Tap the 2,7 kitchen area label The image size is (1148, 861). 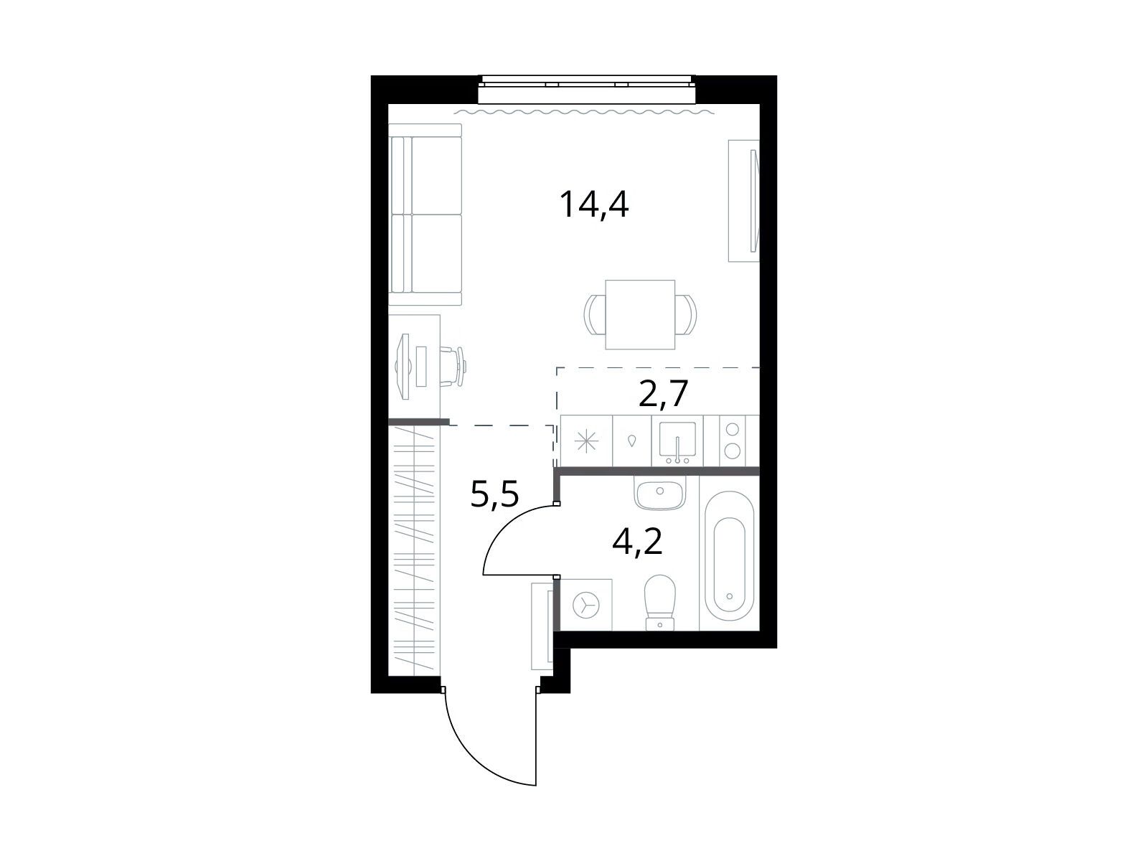click(663, 393)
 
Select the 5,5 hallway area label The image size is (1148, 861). click(494, 494)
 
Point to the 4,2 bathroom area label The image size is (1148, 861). click(637, 542)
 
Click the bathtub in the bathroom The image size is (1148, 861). click(730, 555)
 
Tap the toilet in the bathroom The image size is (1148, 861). click(660, 602)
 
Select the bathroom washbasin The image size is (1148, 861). click(659, 492)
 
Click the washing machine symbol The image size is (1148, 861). click(585, 605)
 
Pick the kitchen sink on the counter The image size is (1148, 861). click(677, 440)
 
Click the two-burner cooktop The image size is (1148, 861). click(733, 440)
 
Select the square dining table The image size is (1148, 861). click(640, 314)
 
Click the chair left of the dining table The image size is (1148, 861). click(595, 314)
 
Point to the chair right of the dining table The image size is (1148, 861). click(686, 314)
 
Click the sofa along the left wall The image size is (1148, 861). click(425, 215)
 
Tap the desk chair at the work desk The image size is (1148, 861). click(453, 366)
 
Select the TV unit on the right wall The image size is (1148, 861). click(744, 201)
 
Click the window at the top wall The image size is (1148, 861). click(588, 89)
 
